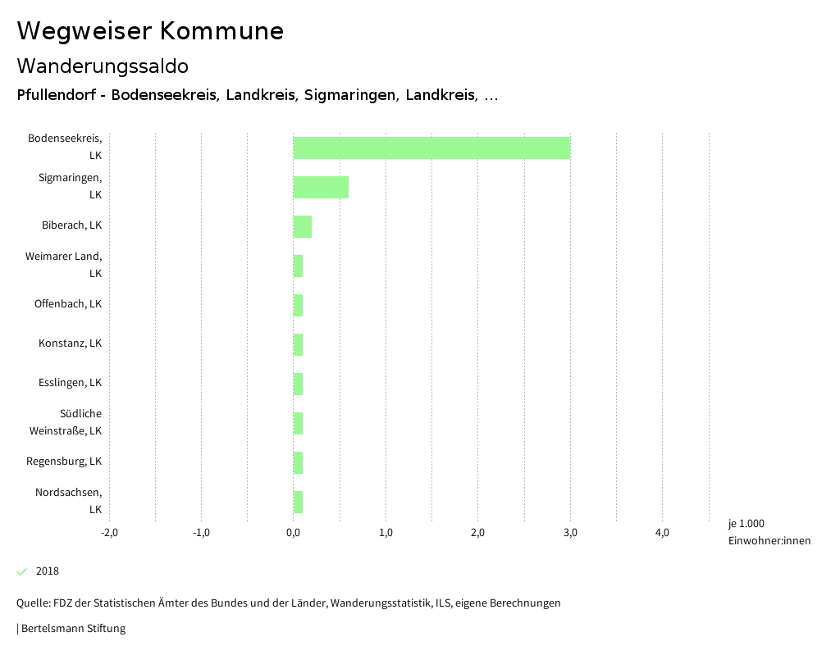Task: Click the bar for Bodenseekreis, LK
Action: pos(431,148)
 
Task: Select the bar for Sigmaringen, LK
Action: pos(321,187)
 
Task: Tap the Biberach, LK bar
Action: pos(303,226)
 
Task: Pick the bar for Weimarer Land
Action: pos(298,266)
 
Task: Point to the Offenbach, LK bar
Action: pos(298,305)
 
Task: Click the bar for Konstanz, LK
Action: pos(298,344)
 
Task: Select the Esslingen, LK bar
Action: pos(298,384)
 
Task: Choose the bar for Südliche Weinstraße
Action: pos(298,423)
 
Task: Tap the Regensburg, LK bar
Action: pos(298,462)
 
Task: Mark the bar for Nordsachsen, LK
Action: pos(298,502)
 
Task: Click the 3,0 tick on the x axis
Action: pos(570,533)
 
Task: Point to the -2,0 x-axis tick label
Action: pos(109,533)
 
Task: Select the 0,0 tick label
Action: pos(294,533)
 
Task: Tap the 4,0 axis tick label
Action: pos(662,533)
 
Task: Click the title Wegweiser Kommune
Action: pos(150,31)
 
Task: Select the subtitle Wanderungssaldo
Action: pos(103,66)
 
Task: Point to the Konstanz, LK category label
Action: pos(70,343)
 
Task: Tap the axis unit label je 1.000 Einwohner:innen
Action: pos(769,532)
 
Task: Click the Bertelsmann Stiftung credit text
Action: pos(72,629)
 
